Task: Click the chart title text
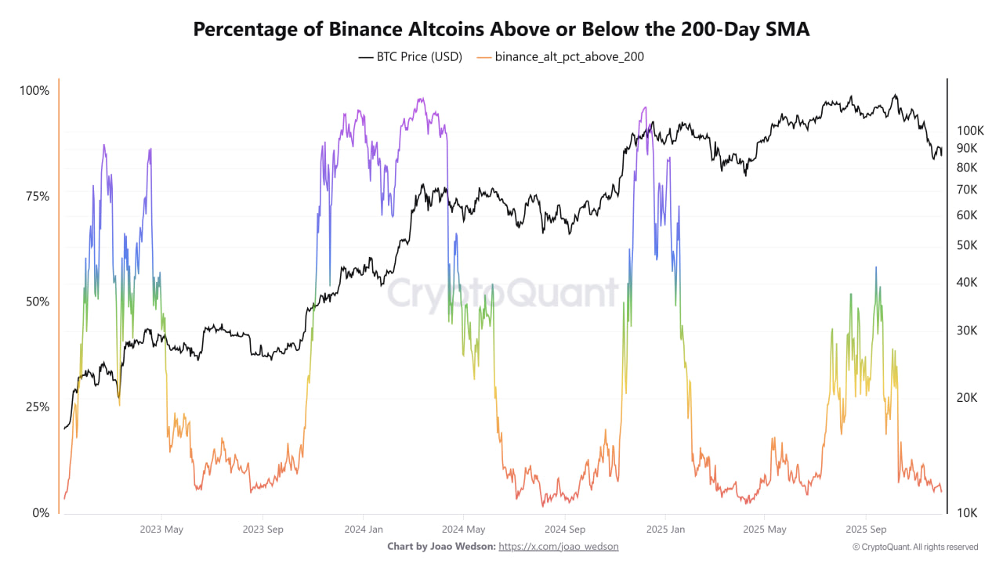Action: coord(501,29)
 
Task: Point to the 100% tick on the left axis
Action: coord(34,91)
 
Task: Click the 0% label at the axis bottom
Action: coord(39,513)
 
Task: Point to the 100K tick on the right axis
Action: coord(970,131)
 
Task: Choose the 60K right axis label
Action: coord(968,215)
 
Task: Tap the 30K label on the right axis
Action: coord(968,331)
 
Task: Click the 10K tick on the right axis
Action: coord(968,513)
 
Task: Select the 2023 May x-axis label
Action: coord(161,530)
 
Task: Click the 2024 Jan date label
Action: coord(364,530)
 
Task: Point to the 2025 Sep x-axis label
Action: coord(866,530)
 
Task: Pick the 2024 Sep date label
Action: coord(566,530)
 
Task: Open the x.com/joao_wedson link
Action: coord(559,546)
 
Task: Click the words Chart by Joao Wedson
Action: coord(441,546)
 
